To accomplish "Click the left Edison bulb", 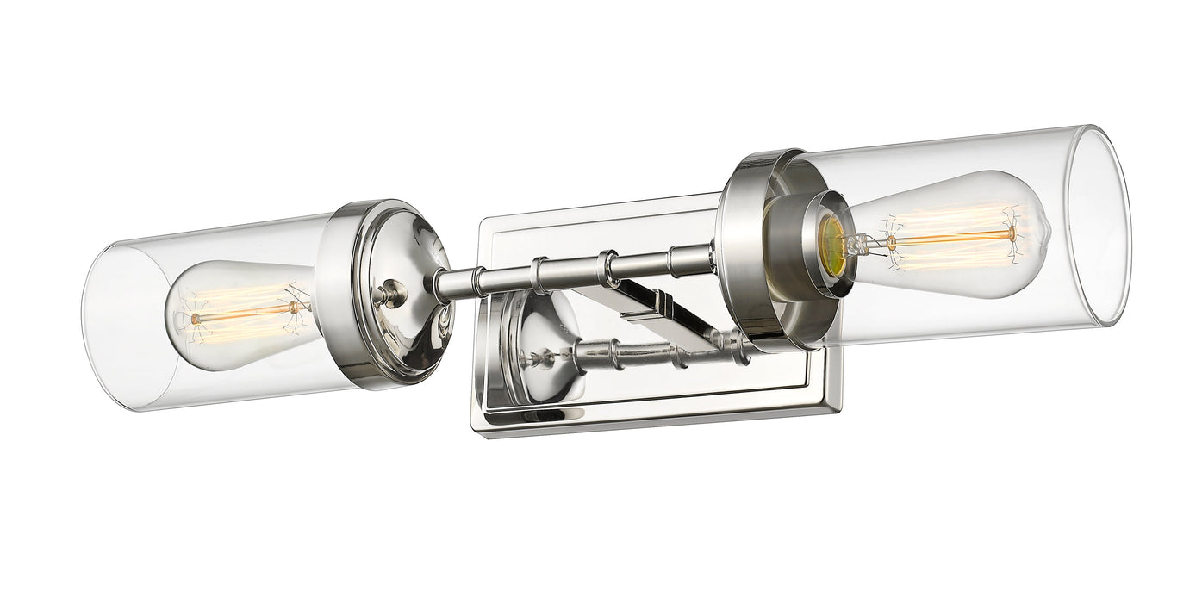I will point(237,314).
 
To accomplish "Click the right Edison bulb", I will point(948,234).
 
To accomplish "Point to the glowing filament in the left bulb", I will point(246,312).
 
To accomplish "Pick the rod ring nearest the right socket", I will point(681,258).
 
